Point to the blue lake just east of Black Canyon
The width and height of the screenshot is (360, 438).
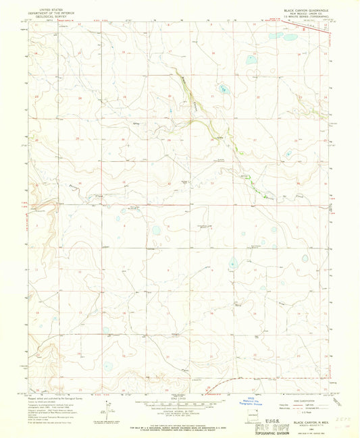coord(222,88)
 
